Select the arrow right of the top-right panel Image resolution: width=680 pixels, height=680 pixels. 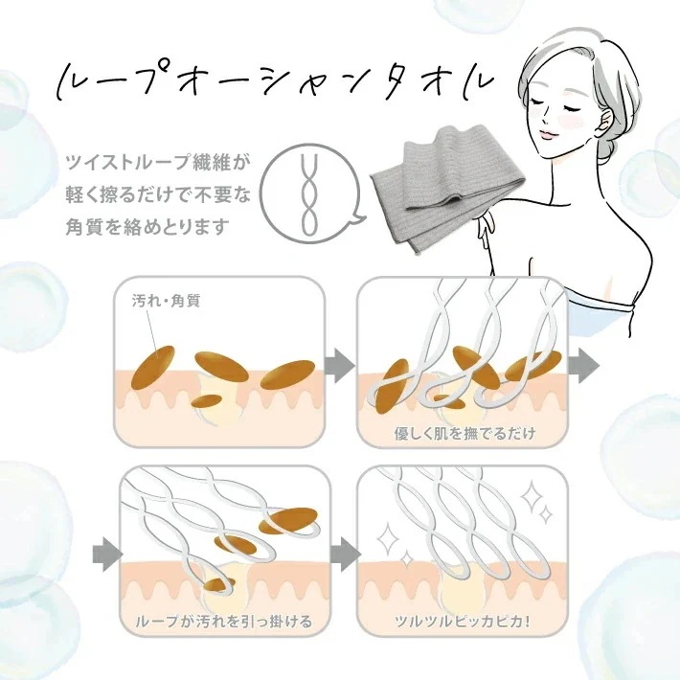click(x=582, y=365)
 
